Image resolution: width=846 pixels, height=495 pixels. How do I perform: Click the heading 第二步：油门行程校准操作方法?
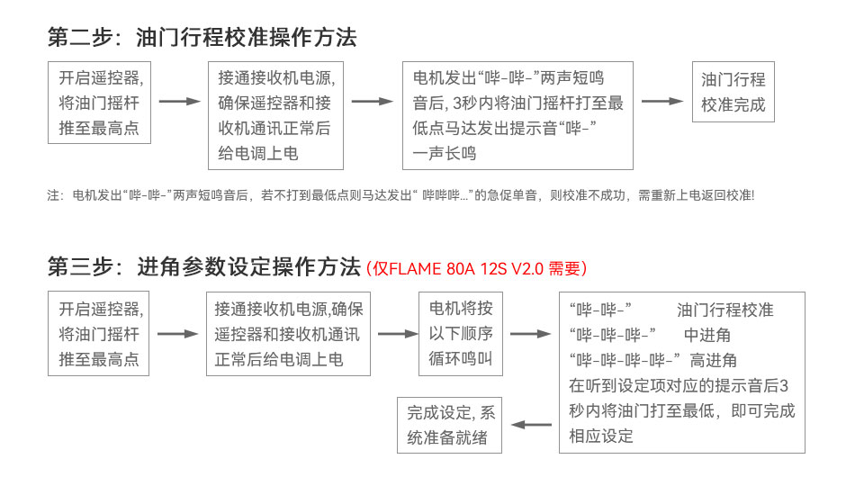pyautogui.click(x=202, y=37)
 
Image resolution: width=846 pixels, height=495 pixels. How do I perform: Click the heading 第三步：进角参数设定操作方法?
pyautogui.click(x=204, y=266)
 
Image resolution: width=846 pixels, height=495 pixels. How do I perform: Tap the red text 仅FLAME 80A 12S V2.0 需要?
pyautogui.click(x=476, y=268)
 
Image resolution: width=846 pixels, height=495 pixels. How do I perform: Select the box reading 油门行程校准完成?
pyautogui.click(x=733, y=92)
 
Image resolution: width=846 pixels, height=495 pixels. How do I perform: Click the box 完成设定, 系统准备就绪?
pyautogui.click(x=449, y=426)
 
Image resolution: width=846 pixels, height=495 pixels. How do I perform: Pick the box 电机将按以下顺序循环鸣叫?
pyautogui.click(x=461, y=334)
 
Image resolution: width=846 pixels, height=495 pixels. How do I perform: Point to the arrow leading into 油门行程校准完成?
pyautogui.click(x=662, y=101)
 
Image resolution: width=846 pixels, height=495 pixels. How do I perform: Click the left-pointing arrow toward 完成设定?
pyautogui.click(x=531, y=425)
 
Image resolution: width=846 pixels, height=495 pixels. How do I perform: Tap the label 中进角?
pyautogui.click(x=706, y=335)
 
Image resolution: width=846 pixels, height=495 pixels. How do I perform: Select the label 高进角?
pyautogui.click(x=713, y=360)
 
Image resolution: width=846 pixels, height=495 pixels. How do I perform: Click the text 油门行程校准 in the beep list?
pyautogui.click(x=725, y=310)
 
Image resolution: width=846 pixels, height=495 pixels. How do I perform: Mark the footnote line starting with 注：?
pyautogui.click(x=400, y=195)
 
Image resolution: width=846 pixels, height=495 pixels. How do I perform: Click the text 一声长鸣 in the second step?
pyautogui.click(x=445, y=153)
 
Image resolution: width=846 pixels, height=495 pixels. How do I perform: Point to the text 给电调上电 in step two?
pyautogui.click(x=258, y=153)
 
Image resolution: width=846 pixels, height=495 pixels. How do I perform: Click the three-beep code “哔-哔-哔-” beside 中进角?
pyautogui.click(x=612, y=335)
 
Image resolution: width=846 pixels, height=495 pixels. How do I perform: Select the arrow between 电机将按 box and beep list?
pyautogui.click(x=530, y=334)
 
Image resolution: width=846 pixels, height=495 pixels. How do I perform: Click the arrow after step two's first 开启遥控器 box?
pyautogui.click(x=180, y=101)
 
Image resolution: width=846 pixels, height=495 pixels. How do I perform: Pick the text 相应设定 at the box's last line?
pyautogui.click(x=601, y=436)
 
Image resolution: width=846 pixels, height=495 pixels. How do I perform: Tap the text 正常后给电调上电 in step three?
pyautogui.click(x=279, y=359)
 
